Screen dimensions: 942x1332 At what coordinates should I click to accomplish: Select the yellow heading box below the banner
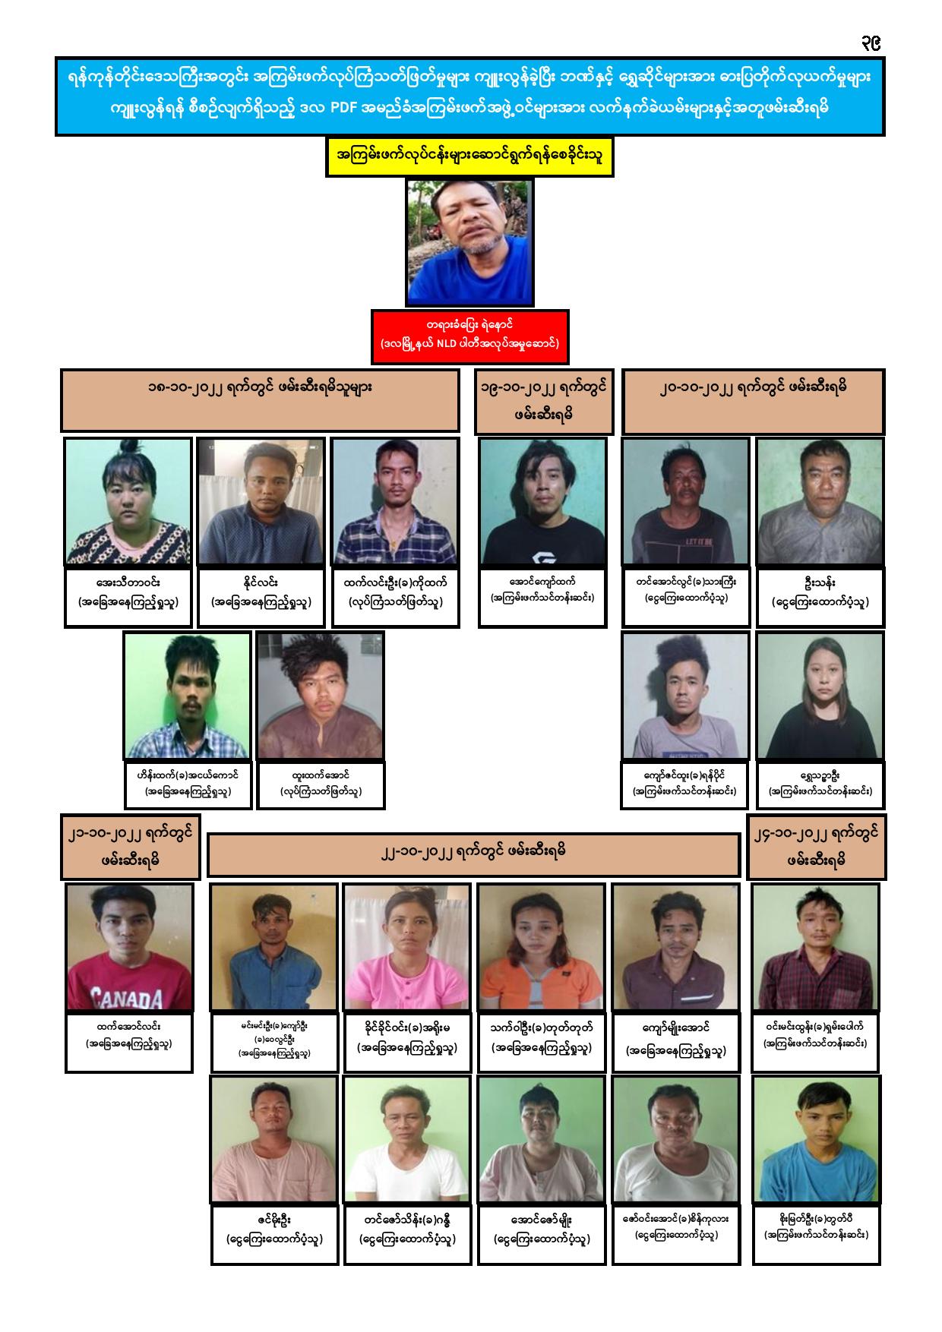tap(469, 157)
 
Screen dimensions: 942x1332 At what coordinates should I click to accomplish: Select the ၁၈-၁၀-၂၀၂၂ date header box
tap(260, 400)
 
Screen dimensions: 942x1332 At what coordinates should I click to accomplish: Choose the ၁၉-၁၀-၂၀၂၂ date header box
tap(543, 401)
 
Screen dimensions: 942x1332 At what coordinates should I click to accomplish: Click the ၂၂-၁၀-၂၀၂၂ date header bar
tap(473, 854)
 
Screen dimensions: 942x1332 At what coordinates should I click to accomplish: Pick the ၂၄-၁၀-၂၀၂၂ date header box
tap(817, 846)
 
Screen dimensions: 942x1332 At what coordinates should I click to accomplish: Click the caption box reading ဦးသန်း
tap(820, 597)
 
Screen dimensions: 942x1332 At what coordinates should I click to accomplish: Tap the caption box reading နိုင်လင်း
tap(261, 597)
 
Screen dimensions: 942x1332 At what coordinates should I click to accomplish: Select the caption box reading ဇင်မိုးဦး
tap(274, 1234)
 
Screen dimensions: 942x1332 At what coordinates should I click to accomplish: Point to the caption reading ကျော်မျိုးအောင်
tap(675, 1042)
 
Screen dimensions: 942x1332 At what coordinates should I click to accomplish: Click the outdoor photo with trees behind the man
tap(469, 241)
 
